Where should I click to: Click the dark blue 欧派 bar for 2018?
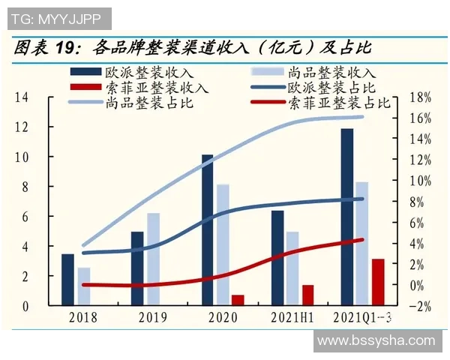tap(67, 279)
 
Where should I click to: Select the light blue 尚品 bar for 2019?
tap(153, 259)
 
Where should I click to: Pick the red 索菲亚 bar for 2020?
tap(238, 300)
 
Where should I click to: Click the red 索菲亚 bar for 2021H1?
tap(307, 295)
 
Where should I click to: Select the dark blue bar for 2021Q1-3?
tap(346, 217)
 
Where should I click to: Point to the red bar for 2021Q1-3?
tap(377, 282)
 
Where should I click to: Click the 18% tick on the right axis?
tap(421, 97)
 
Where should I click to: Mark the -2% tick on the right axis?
tap(421, 306)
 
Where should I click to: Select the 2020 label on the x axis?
tap(222, 318)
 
